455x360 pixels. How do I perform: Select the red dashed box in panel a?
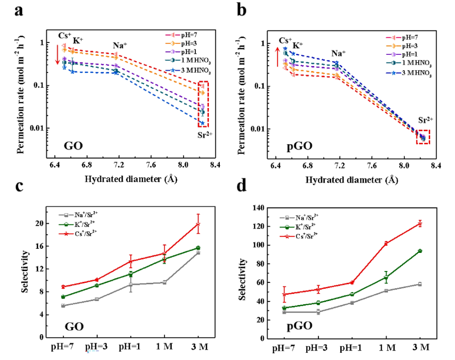pyautogui.click(x=203, y=104)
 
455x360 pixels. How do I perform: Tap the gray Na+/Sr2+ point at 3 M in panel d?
pyautogui.click(x=420, y=284)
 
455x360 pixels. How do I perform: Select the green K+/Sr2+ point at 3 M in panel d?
pyautogui.click(x=420, y=251)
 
